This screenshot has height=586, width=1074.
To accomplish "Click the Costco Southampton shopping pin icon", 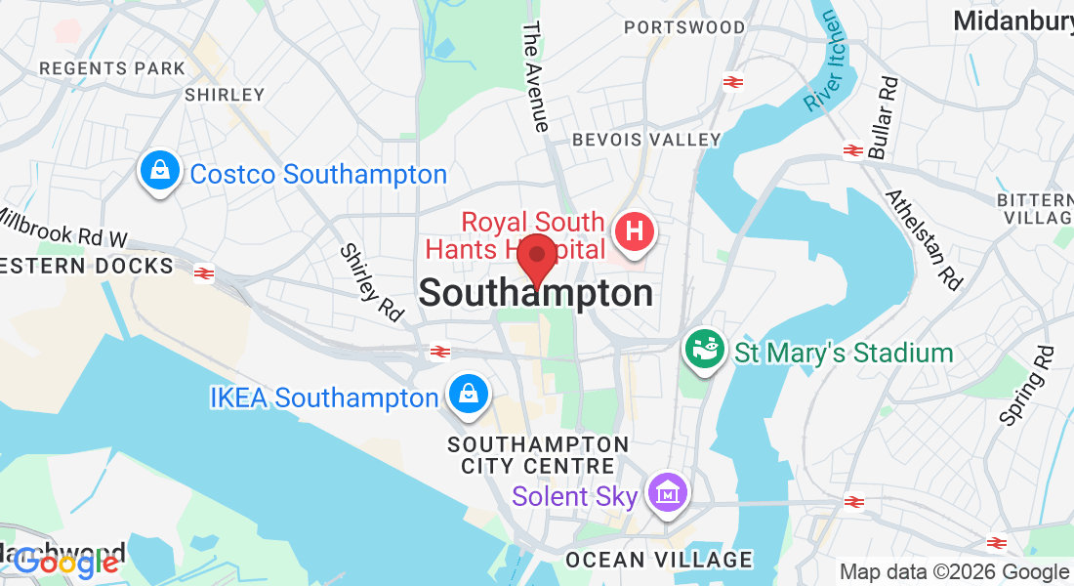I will point(158,172).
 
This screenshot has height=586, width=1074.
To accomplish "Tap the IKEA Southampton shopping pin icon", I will point(469,395).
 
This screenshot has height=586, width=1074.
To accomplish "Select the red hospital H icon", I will point(634,233).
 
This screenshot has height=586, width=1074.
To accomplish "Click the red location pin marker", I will point(536,259).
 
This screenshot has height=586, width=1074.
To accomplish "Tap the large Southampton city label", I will point(536,293).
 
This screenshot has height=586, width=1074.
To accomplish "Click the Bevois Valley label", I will point(646,140).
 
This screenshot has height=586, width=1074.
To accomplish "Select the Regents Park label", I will point(111,68).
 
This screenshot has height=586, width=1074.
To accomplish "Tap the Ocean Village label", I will point(659,560).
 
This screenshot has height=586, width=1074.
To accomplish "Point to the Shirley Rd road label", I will point(372,282).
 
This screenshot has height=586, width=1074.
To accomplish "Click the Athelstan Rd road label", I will point(924,238).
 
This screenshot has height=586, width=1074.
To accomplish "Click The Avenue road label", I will point(535,76).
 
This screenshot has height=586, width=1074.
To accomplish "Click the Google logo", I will point(66,562).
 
